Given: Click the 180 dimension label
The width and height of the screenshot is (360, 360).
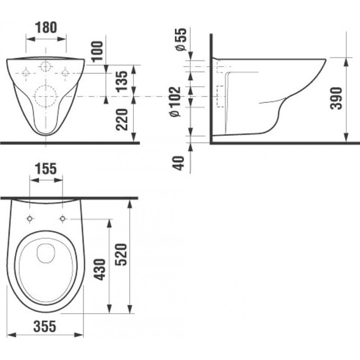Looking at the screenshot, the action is [46, 27].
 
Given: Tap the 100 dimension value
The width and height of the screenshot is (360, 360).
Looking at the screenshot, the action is [97, 51].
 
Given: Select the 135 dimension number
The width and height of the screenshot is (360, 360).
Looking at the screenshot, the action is [121, 81].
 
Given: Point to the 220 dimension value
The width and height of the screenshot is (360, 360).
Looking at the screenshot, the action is [121, 119].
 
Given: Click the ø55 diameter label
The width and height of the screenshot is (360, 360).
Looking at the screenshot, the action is [179, 39].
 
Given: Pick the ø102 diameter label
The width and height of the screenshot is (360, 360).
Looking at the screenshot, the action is [176, 102].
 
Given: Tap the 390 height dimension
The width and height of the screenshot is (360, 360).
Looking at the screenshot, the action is [337, 98].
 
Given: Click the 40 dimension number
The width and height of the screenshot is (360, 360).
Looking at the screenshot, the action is [178, 163].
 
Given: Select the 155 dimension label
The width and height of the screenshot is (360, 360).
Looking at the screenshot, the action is [46, 169].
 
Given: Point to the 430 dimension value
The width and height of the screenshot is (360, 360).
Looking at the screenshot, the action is [100, 270].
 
